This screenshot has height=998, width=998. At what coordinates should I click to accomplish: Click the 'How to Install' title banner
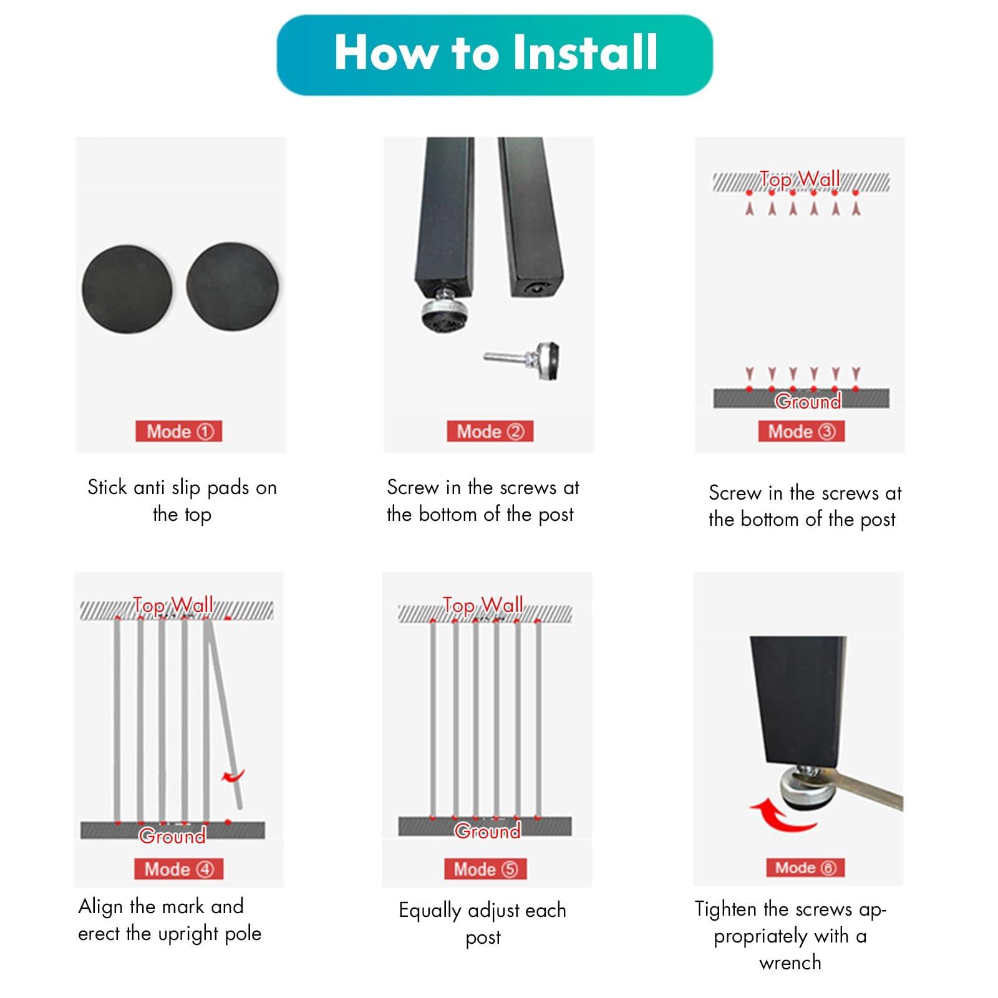(x=495, y=55)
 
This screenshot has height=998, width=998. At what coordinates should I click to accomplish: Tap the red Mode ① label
(x=179, y=432)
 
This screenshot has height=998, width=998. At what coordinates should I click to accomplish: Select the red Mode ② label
(x=490, y=432)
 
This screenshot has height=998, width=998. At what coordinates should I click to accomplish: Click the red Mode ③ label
(x=802, y=432)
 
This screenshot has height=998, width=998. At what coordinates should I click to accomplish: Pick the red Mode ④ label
(x=178, y=870)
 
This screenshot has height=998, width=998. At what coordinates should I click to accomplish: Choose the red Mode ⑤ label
(x=485, y=870)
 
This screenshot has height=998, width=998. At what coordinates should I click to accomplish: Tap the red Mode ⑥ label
(x=805, y=868)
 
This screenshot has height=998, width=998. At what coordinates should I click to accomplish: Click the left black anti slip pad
(x=127, y=289)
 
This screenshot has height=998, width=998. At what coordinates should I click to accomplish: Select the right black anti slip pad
(x=232, y=288)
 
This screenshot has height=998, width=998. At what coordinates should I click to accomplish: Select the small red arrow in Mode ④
(x=233, y=777)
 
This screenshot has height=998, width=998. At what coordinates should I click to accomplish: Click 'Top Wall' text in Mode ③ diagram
(x=800, y=180)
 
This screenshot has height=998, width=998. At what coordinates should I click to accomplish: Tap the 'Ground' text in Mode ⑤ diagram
(x=487, y=831)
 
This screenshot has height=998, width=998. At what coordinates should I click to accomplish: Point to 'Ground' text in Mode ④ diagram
(x=172, y=836)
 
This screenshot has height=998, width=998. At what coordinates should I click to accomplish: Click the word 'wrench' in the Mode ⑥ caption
(x=790, y=963)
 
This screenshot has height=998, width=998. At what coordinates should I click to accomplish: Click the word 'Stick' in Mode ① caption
(x=107, y=487)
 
